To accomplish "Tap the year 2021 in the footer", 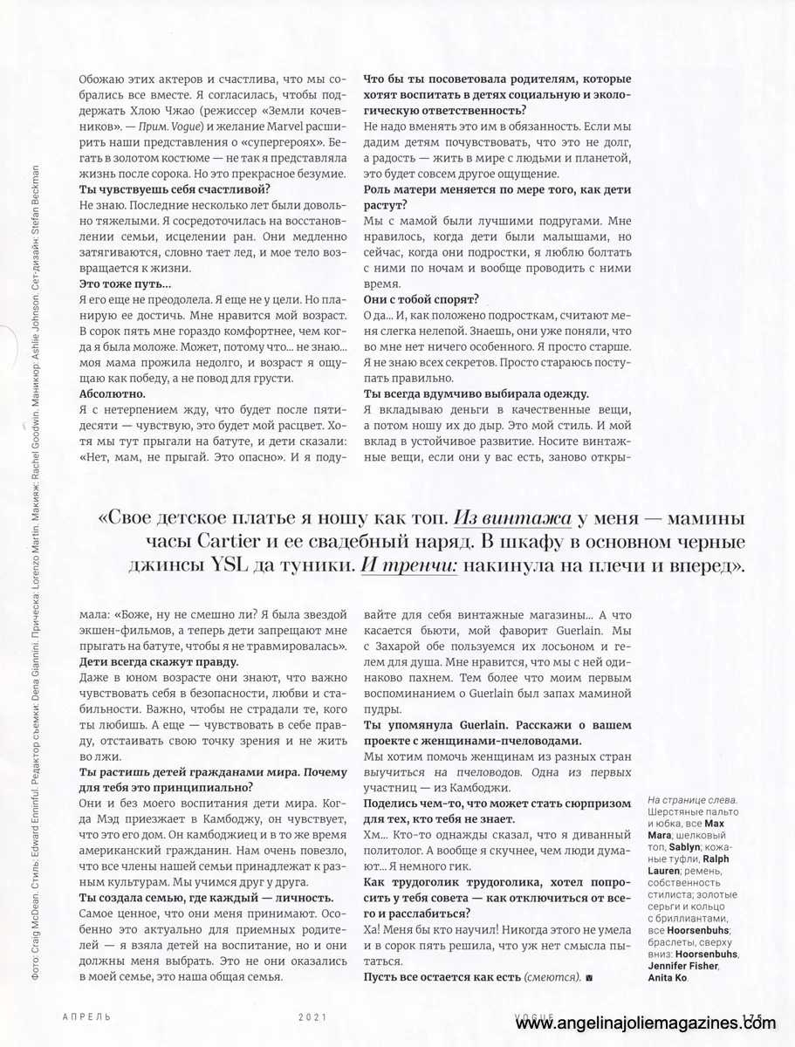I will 312,1017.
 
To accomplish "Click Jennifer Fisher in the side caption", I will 688,967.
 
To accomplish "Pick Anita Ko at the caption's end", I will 667,979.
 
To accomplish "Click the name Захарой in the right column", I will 415,669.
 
